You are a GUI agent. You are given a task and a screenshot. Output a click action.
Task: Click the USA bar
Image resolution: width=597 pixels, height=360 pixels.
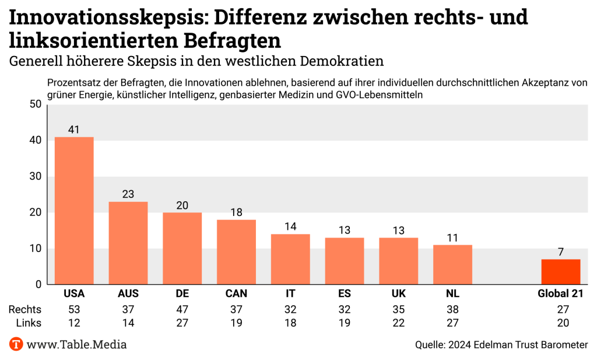pyautogui.click(x=74, y=211)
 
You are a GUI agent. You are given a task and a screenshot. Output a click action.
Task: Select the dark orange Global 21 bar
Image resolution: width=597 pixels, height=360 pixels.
pyautogui.click(x=560, y=272)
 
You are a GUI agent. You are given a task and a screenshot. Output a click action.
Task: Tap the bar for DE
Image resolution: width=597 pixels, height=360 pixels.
pyautogui.click(x=182, y=249)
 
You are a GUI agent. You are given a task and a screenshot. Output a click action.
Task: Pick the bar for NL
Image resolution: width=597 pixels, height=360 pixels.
pyautogui.click(x=452, y=264)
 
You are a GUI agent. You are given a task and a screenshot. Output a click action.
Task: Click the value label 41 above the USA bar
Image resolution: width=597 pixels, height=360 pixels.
pyautogui.click(x=74, y=130)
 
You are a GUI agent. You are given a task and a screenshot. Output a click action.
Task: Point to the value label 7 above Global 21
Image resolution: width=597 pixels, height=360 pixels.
pyautogui.click(x=560, y=252)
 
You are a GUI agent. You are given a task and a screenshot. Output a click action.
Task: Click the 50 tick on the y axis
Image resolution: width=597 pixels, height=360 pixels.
pyautogui.click(x=35, y=104)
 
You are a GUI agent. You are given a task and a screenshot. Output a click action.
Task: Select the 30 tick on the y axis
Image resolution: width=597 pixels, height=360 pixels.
pyautogui.click(x=35, y=176)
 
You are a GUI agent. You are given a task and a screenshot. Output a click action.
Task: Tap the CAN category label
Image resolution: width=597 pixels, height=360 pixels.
pyautogui.click(x=236, y=293)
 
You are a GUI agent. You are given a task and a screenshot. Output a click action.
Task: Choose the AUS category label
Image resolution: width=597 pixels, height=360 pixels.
pyautogui.click(x=128, y=293)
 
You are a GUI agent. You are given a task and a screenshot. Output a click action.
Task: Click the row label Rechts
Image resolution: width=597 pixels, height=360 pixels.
pyautogui.click(x=24, y=309)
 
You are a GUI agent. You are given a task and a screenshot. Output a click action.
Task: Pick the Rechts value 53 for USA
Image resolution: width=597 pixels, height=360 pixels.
pyautogui.click(x=74, y=309)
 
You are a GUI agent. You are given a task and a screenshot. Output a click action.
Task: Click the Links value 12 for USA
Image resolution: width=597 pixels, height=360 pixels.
pyautogui.click(x=74, y=322)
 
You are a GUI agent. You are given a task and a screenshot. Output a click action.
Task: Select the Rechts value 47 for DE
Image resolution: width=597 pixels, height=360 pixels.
pyautogui.click(x=182, y=309)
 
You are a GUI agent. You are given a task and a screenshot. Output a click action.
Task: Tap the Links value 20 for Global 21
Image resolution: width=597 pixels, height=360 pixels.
pyautogui.click(x=560, y=322)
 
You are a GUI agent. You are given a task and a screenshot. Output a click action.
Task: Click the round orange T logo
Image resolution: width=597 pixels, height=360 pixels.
pyautogui.click(x=16, y=344)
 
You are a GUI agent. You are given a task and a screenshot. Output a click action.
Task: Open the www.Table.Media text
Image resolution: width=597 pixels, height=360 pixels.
pyautogui.click(x=76, y=344)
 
